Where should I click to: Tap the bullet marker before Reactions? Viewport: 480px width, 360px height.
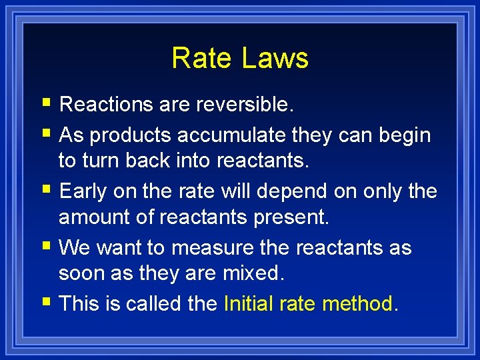pyautogui.click(x=45, y=103)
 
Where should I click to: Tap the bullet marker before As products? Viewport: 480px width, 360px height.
pyautogui.click(x=45, y=134)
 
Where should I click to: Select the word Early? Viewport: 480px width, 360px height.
pyautogui.click(x=83, y=191)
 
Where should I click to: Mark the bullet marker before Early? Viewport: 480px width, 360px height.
pyautogui.click(x=45, y=190)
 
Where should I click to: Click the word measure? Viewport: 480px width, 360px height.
pyautogui.click(x=209, y=247)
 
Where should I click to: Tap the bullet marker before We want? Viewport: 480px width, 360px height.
pyautogui.click(x=45, y=246)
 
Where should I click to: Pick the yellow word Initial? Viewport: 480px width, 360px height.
pyautogui.click(x=249, y=304)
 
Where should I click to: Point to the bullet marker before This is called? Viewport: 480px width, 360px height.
pyautogui.click(x=45, y=303)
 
